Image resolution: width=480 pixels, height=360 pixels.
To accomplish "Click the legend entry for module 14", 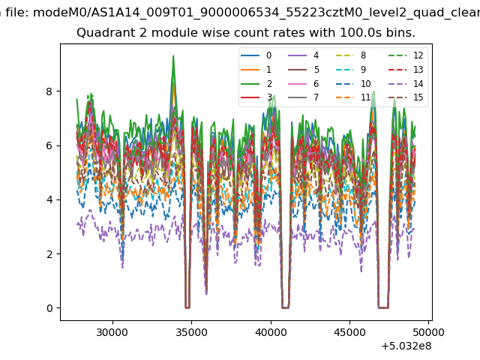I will pyautogui.click(x=406, y=83).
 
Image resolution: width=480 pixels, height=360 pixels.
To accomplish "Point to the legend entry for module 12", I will pyautogui.click(x=406, y=55).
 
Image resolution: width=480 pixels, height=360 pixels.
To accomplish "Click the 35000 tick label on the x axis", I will pyautogui.click(x=191, y=331).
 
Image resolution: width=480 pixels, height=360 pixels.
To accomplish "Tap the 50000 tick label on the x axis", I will pyautogui.click(x=429, y=331).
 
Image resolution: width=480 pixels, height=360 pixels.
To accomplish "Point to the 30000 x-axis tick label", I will pyautogui.click(x=112, y=331).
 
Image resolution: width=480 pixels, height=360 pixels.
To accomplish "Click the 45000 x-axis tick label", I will pyautogui.click(x=349, y=331).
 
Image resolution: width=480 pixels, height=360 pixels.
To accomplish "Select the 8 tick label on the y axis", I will pyautogui.click(x=50, y=91).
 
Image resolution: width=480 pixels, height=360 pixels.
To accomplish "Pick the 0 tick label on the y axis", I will pyautogui.click(x=50, y=308).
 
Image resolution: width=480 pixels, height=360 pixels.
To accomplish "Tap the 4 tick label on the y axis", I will pyautogui.click(x=50, y=199).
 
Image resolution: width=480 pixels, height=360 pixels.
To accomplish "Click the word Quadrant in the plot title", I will pyautogui.click(x=103, y=33).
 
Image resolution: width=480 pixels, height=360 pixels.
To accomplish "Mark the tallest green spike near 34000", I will pyautogui.click(x=173, y=56).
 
